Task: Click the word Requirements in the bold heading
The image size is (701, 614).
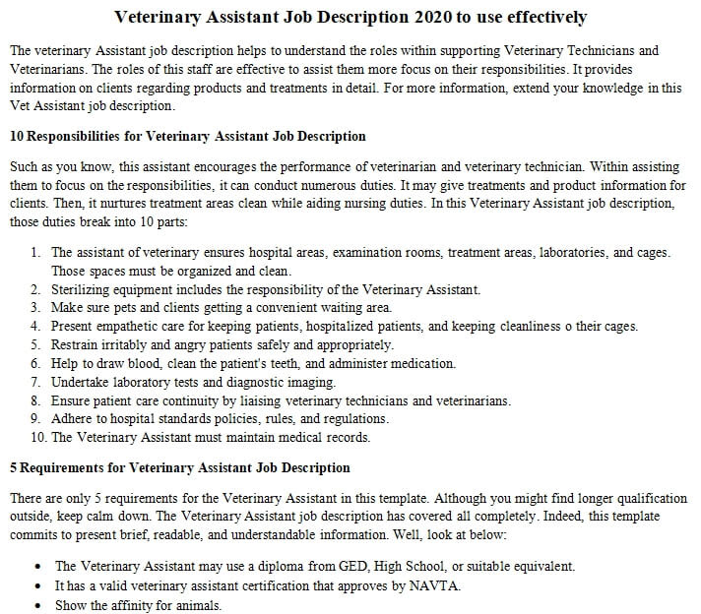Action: click(60, 467)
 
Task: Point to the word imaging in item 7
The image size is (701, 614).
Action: click(310, 382)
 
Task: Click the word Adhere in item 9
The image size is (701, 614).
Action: click(71, 418)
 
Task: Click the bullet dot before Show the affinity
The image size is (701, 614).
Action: click(37, 605)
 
